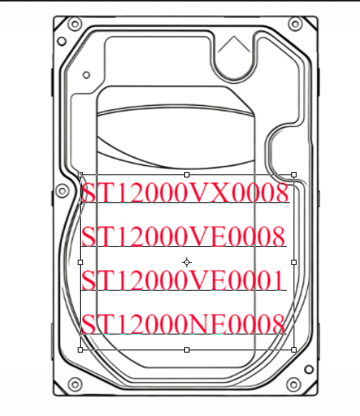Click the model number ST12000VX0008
click(185, 193)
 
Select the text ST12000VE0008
click(183, 236)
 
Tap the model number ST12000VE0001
click(182, 280)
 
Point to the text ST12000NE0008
click(183, 324)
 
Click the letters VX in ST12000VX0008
click(211, 193)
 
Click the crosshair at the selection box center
click(186, 263)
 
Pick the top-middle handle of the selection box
click(186, 174)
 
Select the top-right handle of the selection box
click(294, 174)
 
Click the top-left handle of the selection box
click(81, 174)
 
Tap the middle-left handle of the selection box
click(81, 263)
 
